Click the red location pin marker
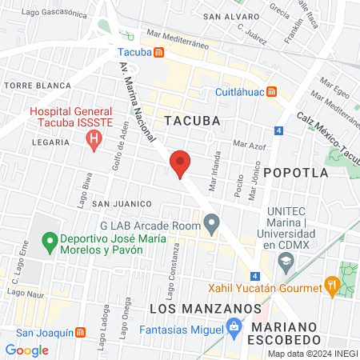tap(180, 163)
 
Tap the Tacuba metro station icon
tap(159, 53)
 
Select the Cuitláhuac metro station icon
tap(273, 91)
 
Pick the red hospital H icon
tap(94, 142)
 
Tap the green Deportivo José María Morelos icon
tap(49, 240)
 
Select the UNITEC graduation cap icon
tap(285, 260)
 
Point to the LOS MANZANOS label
tap(206, 308)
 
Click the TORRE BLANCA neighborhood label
tap(29, 84)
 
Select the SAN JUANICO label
tap(117, 204)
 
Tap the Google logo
tap(26, 350)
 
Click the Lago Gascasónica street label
tap(54, 13)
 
